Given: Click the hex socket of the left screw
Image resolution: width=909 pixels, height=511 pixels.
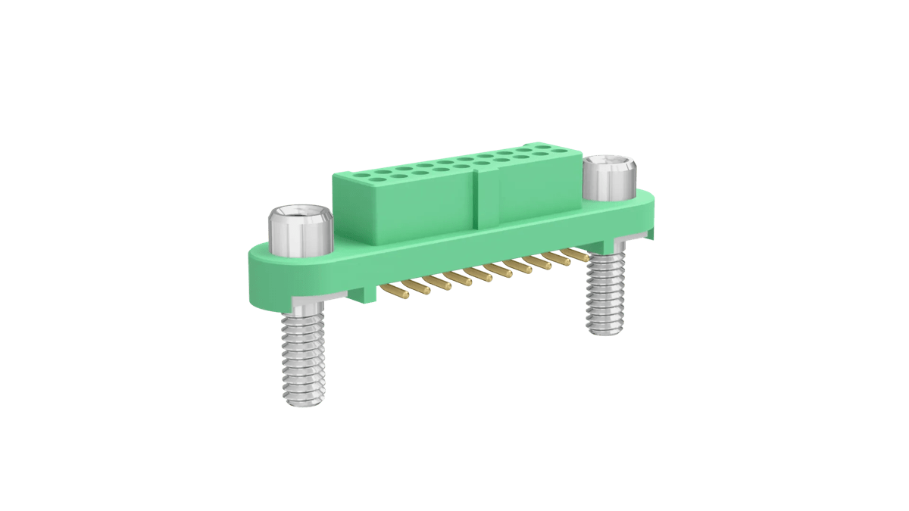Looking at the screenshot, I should coord(300,212).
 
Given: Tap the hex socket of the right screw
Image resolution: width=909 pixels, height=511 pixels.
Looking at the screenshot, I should coord(611,162).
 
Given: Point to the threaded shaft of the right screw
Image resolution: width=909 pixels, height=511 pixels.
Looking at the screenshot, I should coord(607,295).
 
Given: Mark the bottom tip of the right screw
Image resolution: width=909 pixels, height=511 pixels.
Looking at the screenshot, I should coord(607,331).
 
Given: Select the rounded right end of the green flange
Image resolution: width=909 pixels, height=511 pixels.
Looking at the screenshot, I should coord(650,213).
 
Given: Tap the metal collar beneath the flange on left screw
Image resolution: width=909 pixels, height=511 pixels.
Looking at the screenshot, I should coord(304,307).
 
